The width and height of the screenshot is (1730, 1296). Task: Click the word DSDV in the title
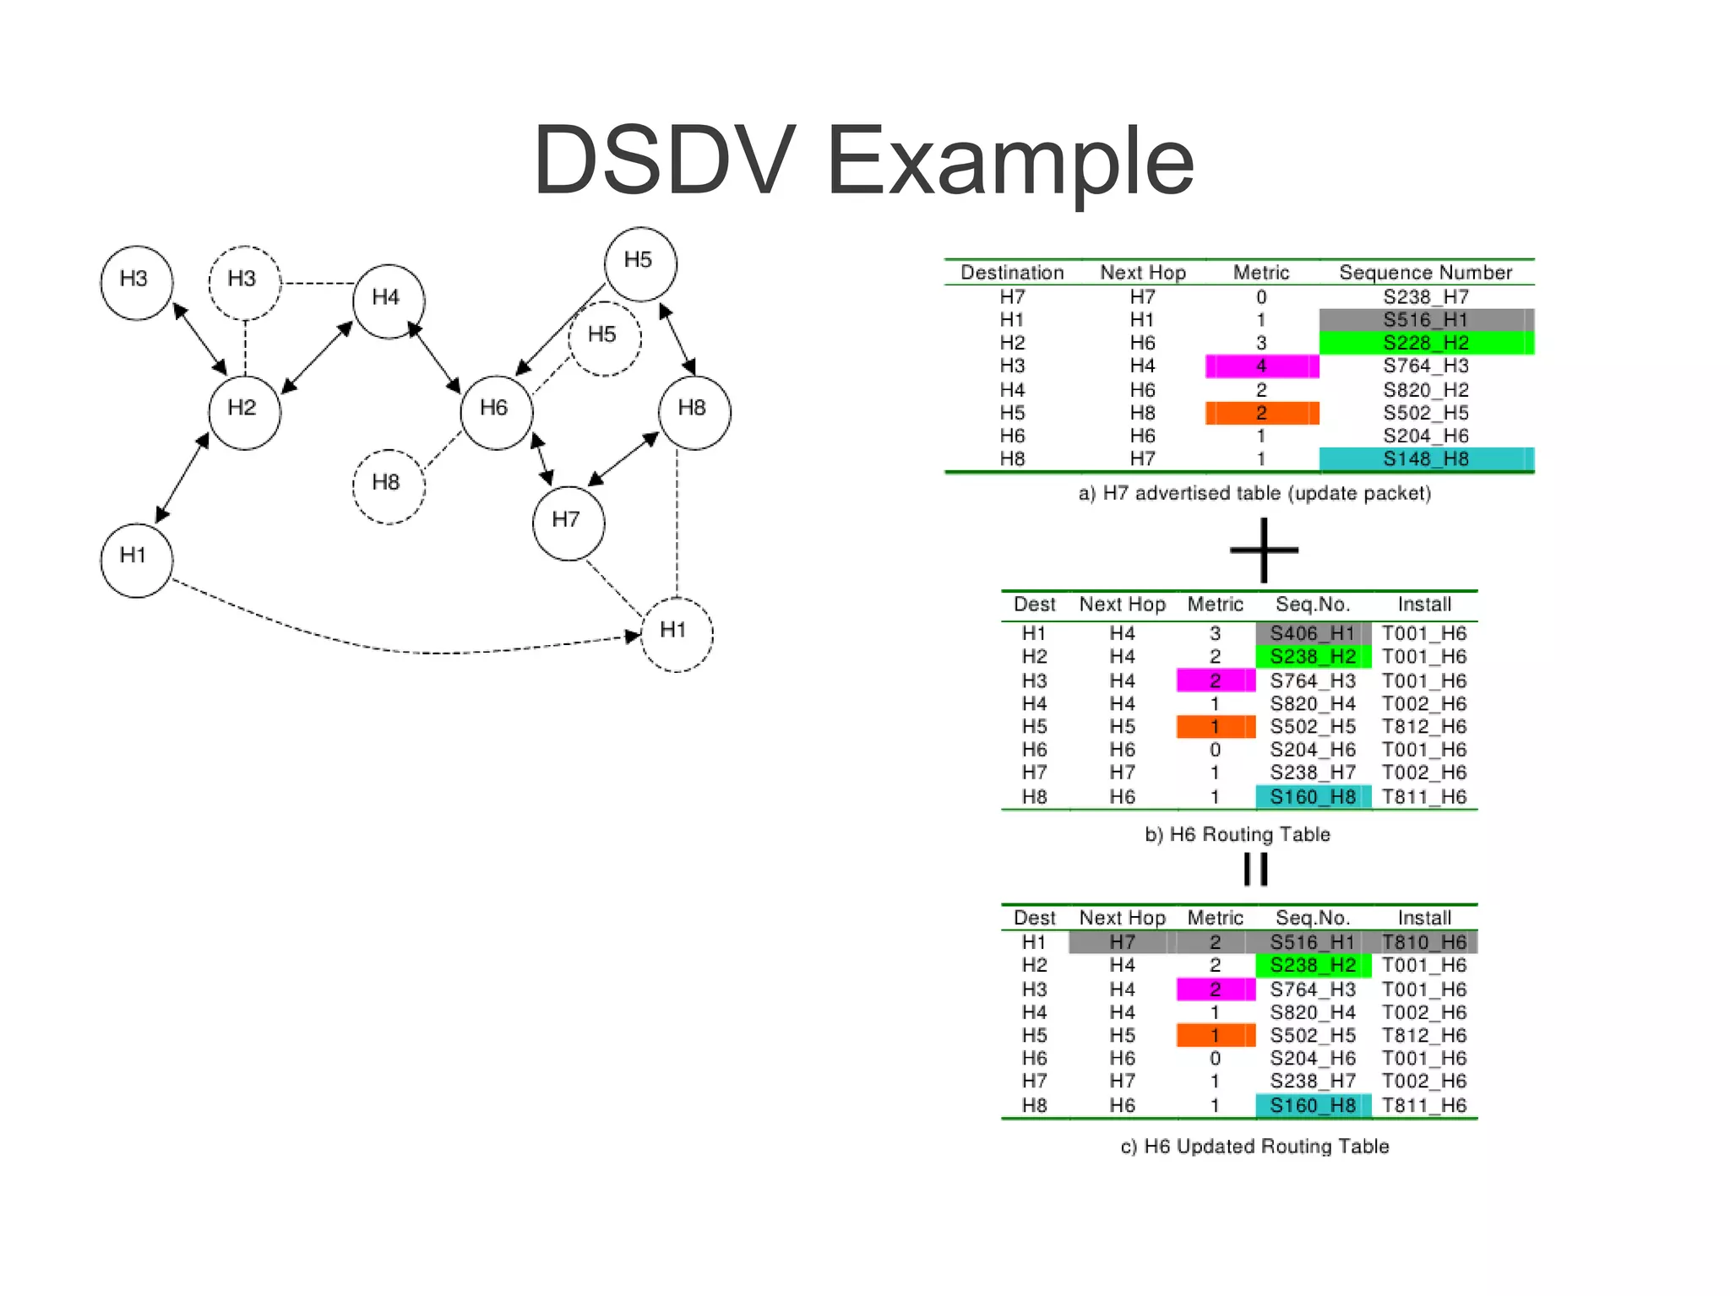coord(664,160)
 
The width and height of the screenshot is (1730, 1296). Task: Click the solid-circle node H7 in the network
coord(568,522)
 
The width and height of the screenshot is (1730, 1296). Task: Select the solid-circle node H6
coord(496,411)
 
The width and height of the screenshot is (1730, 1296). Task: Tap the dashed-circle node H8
coord(388,485)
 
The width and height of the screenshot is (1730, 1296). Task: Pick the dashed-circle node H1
coord(676,633)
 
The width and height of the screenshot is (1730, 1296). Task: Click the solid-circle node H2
coord(244,411)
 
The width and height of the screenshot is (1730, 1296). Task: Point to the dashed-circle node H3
coord(244,282)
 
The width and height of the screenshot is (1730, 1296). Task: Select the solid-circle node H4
coord(388,301)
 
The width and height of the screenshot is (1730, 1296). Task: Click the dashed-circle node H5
coord(604,338)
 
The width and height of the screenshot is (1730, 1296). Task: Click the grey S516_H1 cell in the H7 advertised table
coord(1425,320)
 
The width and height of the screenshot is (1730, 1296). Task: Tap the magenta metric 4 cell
coord(1261,366)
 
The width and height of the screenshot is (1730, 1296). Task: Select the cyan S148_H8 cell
coord(1425,459)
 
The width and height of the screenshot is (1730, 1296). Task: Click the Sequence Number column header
coord(1425,273)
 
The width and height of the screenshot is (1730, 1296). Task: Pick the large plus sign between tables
coord(1264,550)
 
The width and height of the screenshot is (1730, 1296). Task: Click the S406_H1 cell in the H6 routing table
coord(1312,633)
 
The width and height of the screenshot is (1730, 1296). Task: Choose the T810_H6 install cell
coord(1424,942)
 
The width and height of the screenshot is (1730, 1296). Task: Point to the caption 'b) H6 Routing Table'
coord(1237,835)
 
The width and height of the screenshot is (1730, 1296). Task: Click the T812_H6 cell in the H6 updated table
coord(1424,1035)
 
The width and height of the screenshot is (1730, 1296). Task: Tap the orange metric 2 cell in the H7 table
coord(1261,413)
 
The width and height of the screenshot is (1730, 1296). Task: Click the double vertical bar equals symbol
coord(1256,869)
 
